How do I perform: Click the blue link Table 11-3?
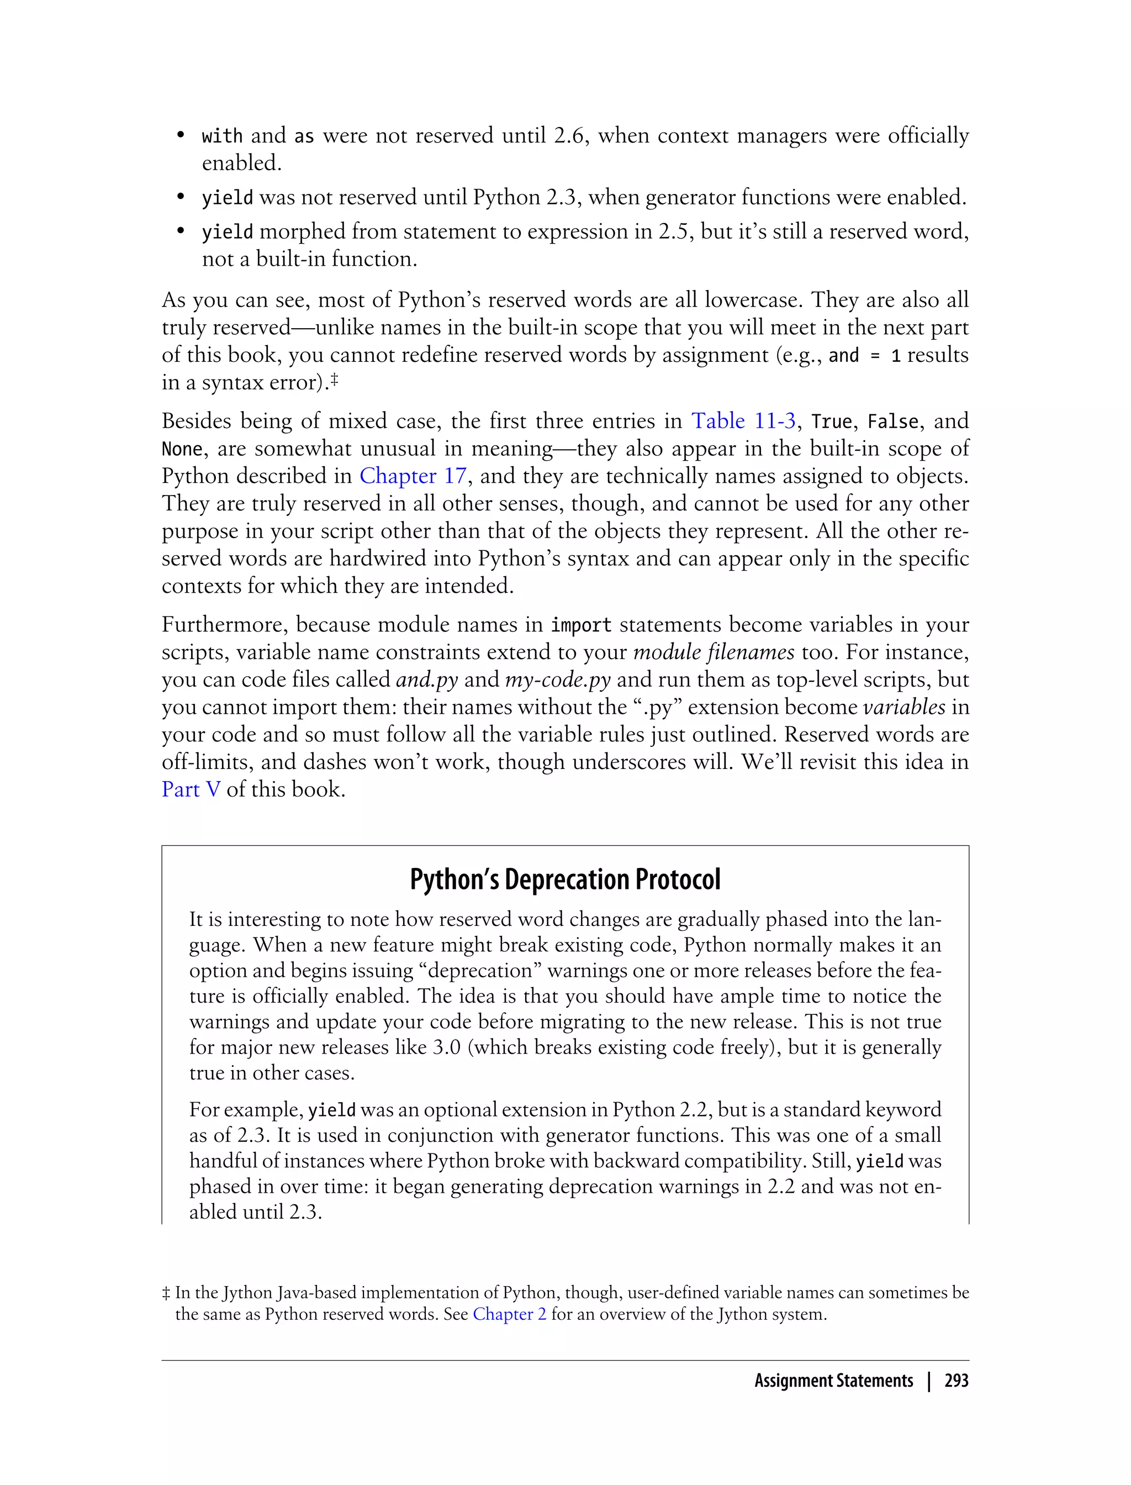[x=743, y=421]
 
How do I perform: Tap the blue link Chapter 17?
[x=413, y=476]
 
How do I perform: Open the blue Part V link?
[x=191, y=789]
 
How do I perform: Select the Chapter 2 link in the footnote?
[x=509, y=1314]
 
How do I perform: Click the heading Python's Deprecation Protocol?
[x=565, y=880]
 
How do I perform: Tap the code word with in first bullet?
[x=221, y=136]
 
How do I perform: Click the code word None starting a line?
[x=182, y=449]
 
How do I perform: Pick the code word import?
[x=581, y=625]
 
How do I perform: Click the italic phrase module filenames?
[x=714, y=652]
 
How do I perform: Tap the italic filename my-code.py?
[x=557, y=680]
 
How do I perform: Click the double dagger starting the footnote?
[x=166, y=1293]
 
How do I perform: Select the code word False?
[x=892, y=422]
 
